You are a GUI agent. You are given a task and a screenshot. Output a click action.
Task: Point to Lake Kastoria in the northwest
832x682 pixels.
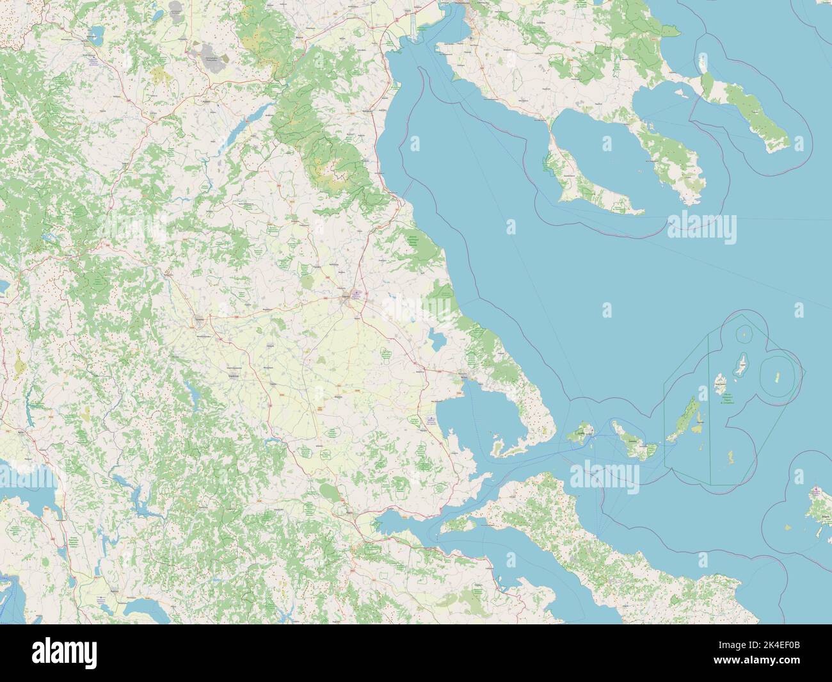coord(95,31)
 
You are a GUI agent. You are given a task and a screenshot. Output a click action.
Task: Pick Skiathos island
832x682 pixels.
coord(580,434)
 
